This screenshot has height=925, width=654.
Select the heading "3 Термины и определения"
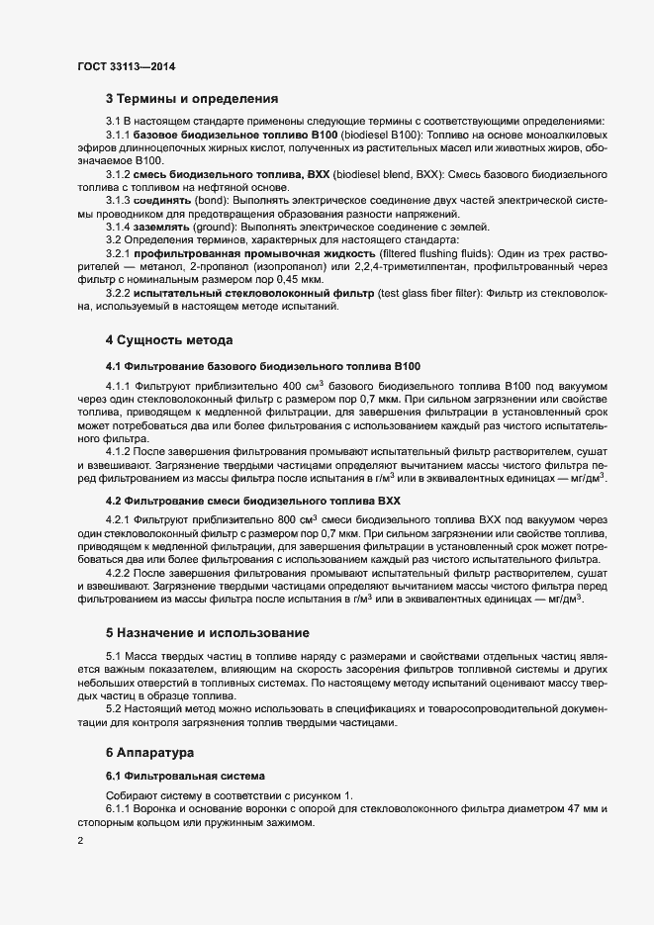pos(191,99)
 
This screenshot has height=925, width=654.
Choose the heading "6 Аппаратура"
pos(151,754)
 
